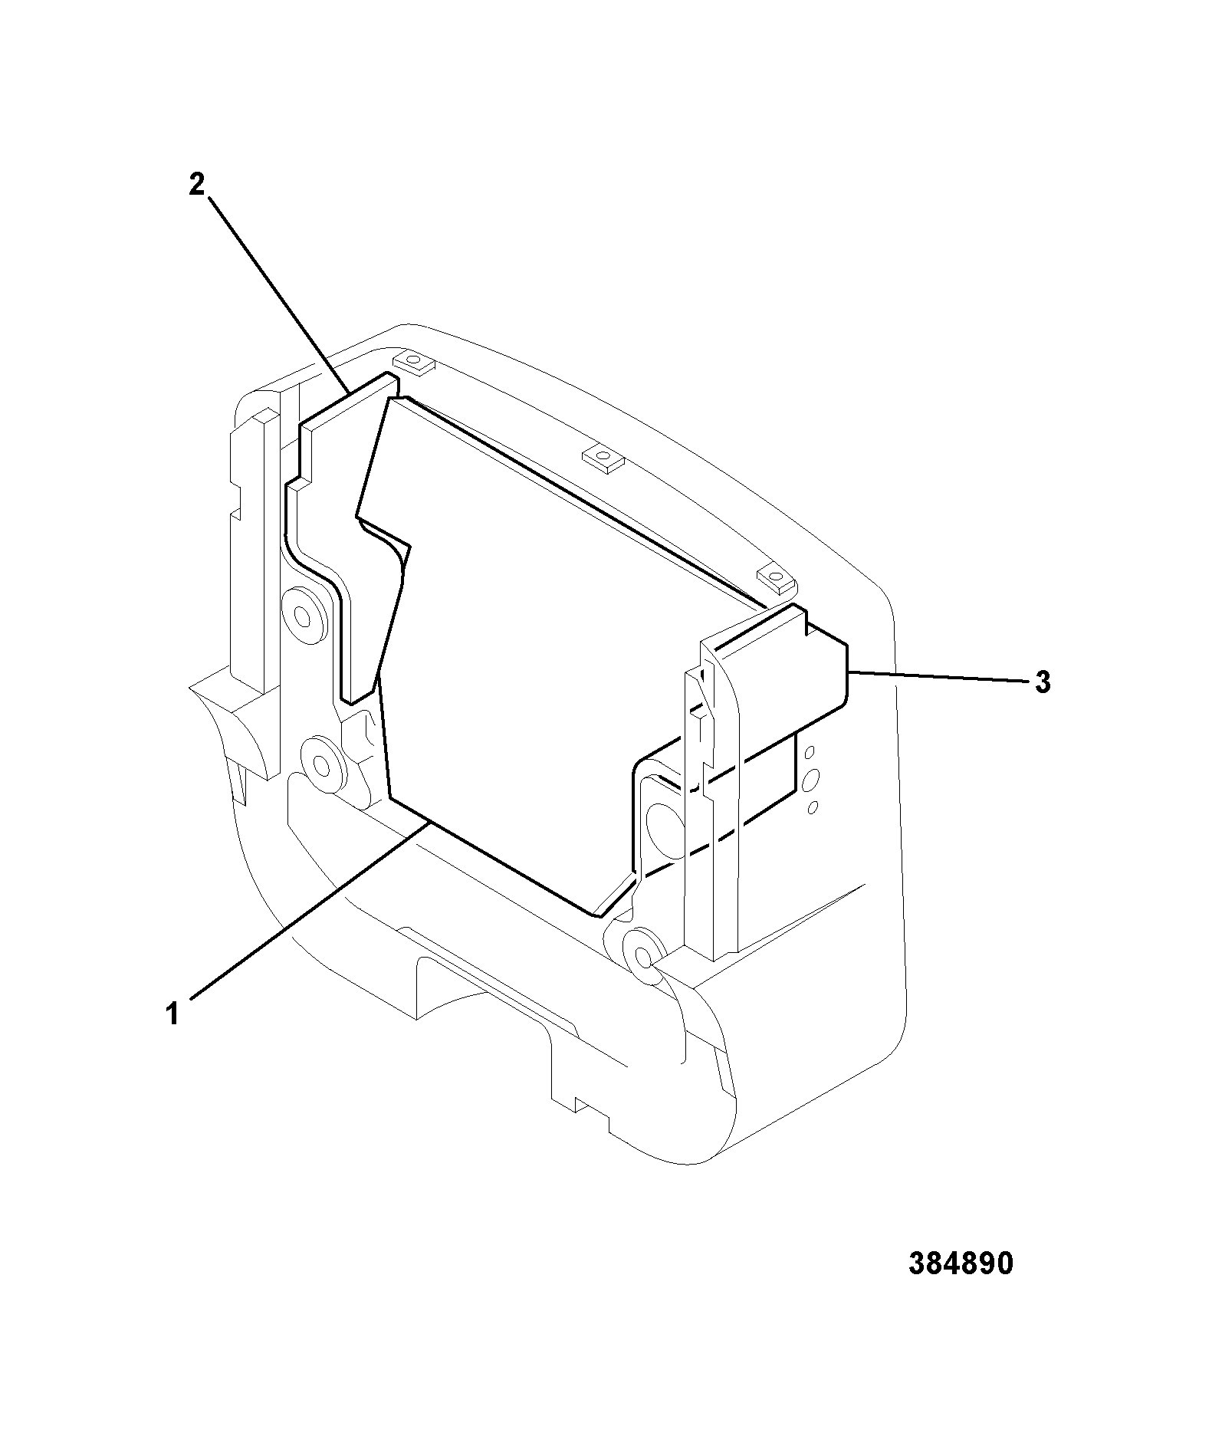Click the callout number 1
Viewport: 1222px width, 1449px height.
click(x=173, y=1014)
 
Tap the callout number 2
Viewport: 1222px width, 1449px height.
click(x=197, y=185)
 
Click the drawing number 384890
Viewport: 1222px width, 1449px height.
click(x=961, y=1264)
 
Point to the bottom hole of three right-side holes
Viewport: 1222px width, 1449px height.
click(x=813, y=807)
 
